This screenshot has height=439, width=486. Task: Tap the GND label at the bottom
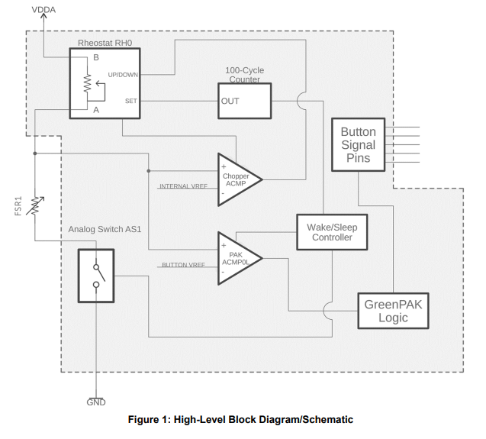click(95, 402)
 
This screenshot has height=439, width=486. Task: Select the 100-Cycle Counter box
click(244, 101)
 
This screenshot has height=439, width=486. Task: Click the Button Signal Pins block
click(358, 144)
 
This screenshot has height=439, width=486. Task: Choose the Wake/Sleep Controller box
click(331, 232)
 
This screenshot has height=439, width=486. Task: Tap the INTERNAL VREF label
click(183, 186)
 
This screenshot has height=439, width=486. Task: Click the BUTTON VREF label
click(184, 265)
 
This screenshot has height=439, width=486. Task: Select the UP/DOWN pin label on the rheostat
click(123, 75)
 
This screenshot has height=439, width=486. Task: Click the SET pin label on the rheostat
click(130, 101)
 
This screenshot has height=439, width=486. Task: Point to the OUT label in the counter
click(230, 101)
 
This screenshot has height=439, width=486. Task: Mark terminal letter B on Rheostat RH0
click(96, 58)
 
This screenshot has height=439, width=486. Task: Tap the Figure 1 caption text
click(241, 419)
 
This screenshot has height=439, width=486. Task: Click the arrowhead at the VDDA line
click(43, 18)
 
